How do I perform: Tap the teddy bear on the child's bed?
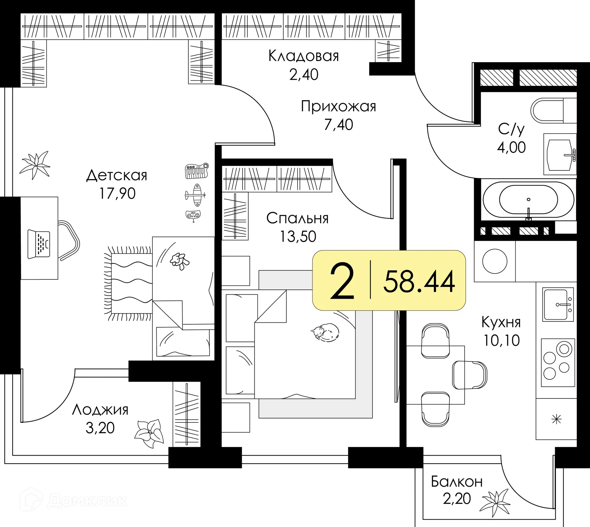click(179, 262)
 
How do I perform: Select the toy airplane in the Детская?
click(196, 195)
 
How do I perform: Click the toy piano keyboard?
click(197, 171)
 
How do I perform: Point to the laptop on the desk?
click(39, 244)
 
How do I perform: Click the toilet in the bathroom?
click(553, 111)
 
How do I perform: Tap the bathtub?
click(528, 200)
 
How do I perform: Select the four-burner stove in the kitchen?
click(558, 362)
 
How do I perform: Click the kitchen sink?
click(558, 305)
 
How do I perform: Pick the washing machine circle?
click(495, 261)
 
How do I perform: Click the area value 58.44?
click(419, 281)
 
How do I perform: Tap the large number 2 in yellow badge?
click(342, 281)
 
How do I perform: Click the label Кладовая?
click(304, 56)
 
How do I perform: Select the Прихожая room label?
click(338, 106)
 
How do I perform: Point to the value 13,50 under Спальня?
click(298, 236)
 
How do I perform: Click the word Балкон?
click(457, 481)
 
